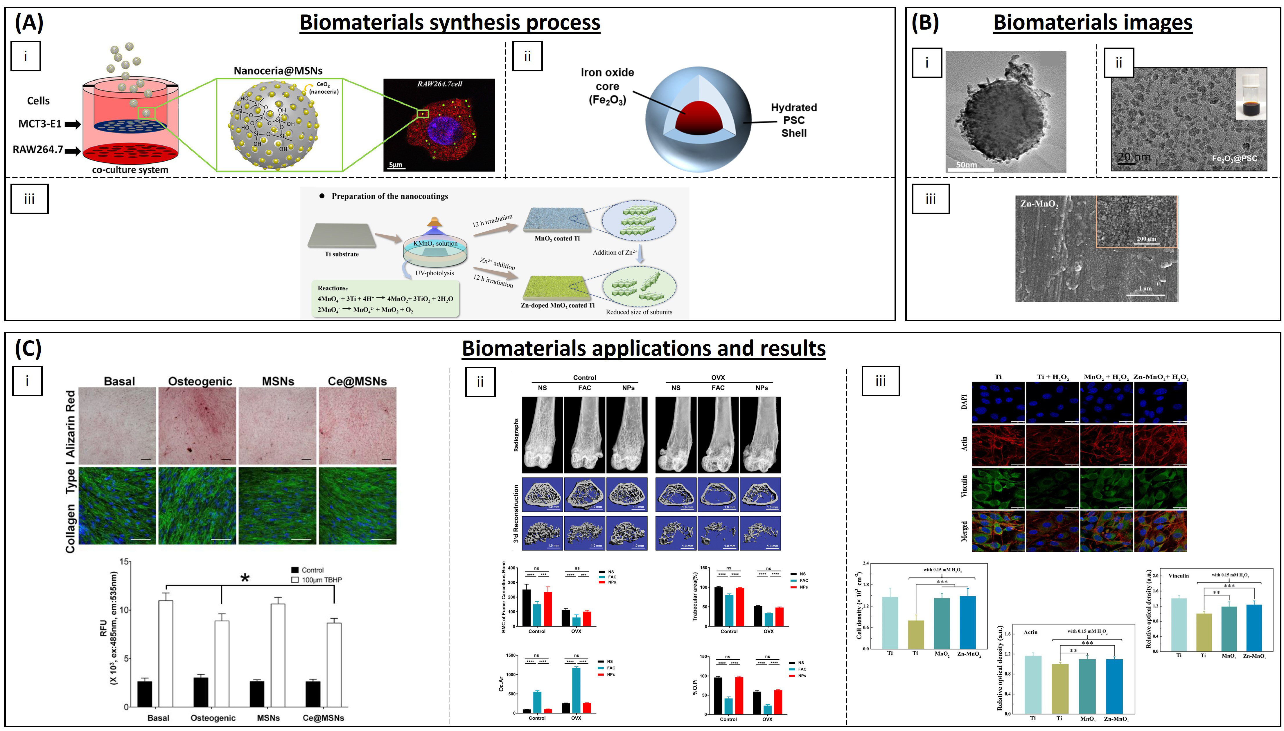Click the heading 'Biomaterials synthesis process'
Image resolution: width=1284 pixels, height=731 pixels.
click(450, 23)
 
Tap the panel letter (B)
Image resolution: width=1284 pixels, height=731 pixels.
click(925, 23)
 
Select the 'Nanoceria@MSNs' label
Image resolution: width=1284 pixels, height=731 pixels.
click(278, 71)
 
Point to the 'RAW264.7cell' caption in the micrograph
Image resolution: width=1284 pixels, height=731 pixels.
click(439, 84)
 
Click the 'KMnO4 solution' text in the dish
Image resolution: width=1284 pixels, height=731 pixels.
click(435, 243)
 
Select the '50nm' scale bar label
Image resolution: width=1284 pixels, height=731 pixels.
click(966, 165)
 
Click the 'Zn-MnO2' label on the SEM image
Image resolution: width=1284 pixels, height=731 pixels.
click(1039, 204)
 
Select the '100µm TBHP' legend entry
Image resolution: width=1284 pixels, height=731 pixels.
click(322, 580)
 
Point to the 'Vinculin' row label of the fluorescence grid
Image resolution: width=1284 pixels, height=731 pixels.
click(964, 486)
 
